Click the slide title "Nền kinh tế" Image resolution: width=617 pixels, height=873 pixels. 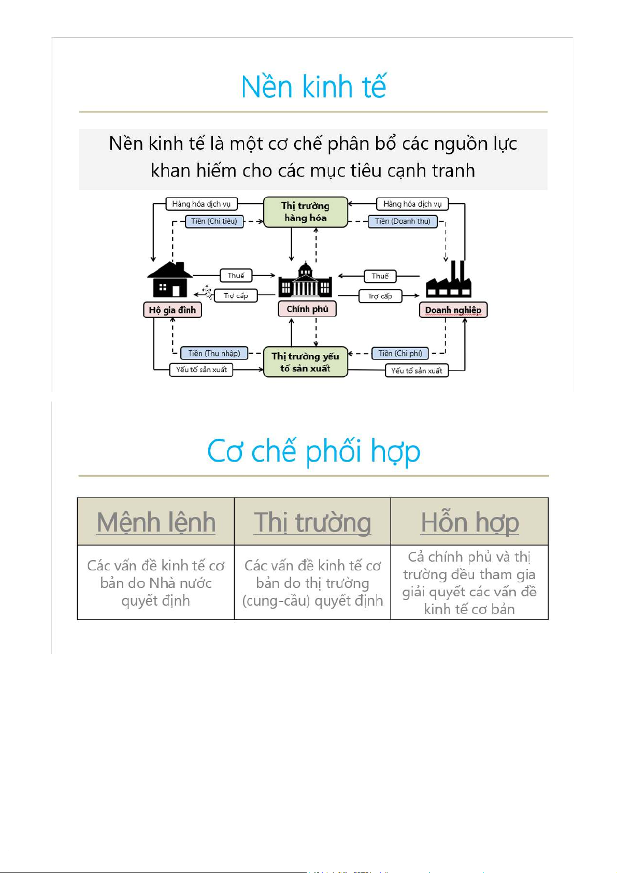pos(313,87)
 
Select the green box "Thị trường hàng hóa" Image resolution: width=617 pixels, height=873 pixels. pos(305,212)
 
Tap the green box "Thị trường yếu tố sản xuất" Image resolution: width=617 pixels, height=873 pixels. pos(305,362)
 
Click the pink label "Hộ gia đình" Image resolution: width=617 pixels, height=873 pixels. pos(173,310)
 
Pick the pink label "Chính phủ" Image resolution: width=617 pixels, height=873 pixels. pos(307,309)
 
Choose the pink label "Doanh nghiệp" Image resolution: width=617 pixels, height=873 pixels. pos(453,310)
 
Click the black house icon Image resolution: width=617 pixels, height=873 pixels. pos(169,279)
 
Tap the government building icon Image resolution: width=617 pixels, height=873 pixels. pos(305,280)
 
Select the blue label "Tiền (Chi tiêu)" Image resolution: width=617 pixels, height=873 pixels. pos(214,221)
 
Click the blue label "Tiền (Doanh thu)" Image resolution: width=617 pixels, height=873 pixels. pos(403,221)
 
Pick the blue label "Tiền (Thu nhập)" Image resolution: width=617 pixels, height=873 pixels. pos(214,353)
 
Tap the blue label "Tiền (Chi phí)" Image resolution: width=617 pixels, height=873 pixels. pos(400,353)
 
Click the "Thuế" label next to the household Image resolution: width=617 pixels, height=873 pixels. pos(236,276)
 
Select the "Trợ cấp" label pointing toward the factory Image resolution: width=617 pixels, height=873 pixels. pos(380,296)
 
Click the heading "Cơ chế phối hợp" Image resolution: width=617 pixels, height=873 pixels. pos(313,451)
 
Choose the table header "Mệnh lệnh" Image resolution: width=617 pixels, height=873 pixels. pos(156,522)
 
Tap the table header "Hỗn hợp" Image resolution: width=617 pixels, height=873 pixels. pos(469,522)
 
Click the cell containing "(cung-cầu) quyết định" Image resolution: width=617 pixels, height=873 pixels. pos(312,583)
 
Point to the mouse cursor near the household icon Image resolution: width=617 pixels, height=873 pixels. pos(207,291)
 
